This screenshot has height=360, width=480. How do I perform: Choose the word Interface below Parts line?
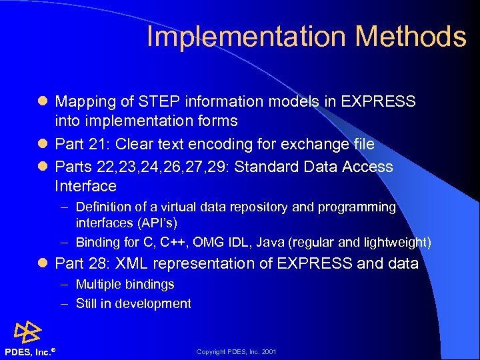pyautogui.click(x=85, y=186)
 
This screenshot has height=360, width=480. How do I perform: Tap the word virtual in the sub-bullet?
pyautogui.click(x=185, y=207)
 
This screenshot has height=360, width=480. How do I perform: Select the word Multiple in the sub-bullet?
pyautogui.click(x=97, y=284)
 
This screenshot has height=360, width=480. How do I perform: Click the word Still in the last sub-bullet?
pyautogui.click(x=88, y=303)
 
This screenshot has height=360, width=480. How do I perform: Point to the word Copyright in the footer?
pyautogui.click(x=211, y=352)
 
